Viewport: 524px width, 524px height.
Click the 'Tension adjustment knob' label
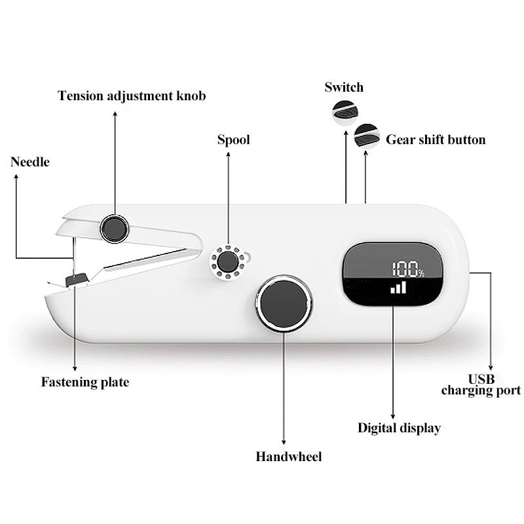(132, 96)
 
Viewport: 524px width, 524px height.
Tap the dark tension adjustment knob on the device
(114, 229)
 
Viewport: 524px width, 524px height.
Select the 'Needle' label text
(30, 162)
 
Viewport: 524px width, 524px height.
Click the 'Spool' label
(234, 140)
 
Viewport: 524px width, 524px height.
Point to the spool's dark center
(228, 261)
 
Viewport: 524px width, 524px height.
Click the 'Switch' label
(344, 87)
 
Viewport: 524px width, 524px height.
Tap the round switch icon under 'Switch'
(345, 113)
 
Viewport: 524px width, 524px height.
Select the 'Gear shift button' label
(436, 140)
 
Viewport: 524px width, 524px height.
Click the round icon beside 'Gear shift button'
(367, 137)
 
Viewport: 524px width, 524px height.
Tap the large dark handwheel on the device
(284, 304)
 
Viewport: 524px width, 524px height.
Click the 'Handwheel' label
(289, 457)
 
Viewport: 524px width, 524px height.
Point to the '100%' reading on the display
(408, 269)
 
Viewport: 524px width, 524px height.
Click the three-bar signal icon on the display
(398, 288)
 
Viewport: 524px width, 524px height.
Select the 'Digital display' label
(399, 428)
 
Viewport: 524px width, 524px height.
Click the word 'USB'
(481, 379)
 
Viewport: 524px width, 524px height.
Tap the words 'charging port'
(481, 390)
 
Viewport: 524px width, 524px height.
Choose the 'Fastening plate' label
(85, 383)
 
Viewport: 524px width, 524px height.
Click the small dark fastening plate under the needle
(77, 280)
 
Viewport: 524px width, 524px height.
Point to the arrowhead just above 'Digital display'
(393, 417)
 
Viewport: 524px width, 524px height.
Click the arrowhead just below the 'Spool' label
(228, 155)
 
